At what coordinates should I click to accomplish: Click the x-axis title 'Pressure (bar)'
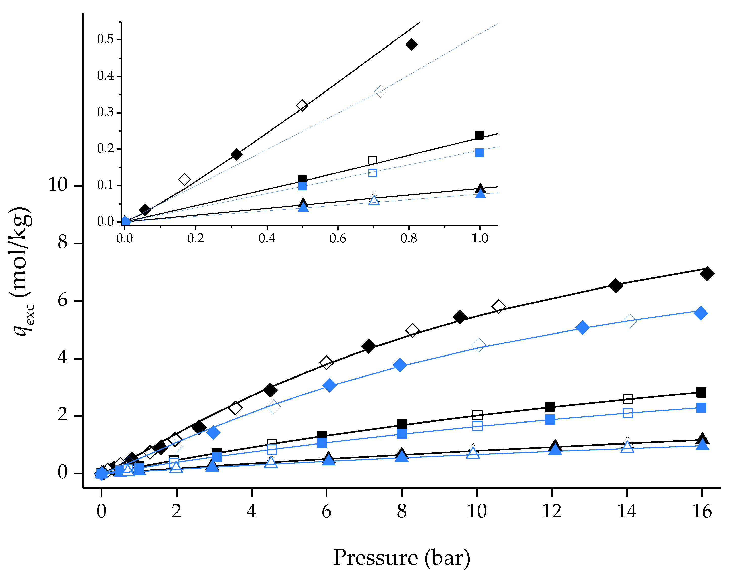point(401,558)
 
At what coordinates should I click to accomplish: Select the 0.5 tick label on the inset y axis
point(105,39)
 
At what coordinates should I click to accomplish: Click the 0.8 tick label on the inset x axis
point(409,238)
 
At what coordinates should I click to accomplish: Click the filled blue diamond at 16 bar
point(701,313)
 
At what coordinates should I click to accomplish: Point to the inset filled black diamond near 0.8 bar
point(411,44)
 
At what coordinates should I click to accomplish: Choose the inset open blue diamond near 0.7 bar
point(380,91)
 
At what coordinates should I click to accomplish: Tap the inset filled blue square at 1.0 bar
point(479,153)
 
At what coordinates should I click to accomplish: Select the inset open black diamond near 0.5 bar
point(302,105)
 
